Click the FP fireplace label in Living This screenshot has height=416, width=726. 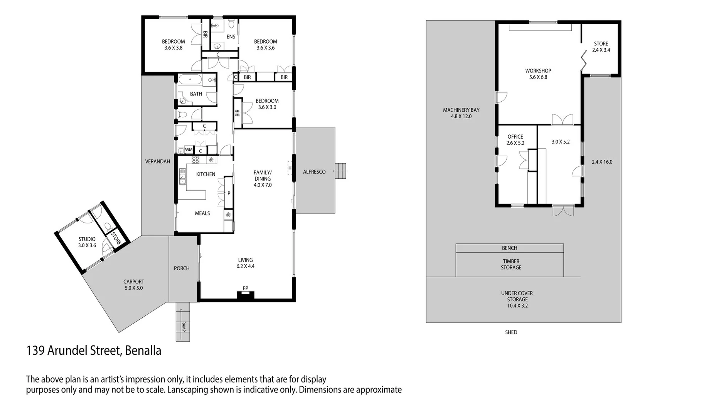245,288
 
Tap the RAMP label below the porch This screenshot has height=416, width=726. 184,327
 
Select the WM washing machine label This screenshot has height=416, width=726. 189,149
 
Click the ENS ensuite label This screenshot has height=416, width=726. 231,37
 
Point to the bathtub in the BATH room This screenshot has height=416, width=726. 190,81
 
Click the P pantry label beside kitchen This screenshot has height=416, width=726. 229,193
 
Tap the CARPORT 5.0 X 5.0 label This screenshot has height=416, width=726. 133,285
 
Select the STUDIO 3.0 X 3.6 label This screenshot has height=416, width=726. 87,242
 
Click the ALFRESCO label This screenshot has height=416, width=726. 314,172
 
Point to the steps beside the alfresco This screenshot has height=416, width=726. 341,171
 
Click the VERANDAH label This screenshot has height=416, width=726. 157,161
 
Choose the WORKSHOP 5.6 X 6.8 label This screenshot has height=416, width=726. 538,74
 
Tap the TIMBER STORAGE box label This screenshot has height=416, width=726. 511,264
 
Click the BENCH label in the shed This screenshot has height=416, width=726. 509,248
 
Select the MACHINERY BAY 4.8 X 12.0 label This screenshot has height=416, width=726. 461,113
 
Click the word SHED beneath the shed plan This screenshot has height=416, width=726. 511,332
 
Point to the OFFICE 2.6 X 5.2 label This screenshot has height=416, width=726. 515,139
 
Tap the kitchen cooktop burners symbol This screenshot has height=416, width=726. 195,159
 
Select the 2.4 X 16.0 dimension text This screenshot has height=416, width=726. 602,162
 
